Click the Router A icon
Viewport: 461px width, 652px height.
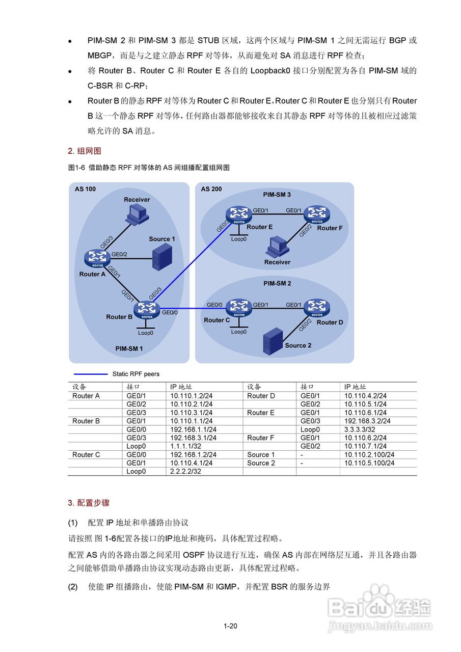[95, 258]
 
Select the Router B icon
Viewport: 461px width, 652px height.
[147, 309]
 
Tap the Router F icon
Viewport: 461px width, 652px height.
[317, 214]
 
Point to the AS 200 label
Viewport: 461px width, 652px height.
[212, 189]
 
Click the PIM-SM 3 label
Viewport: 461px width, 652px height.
[277, 194]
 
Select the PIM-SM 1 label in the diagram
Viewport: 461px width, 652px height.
[129, 349]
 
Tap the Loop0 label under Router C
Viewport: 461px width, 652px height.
[238, 332]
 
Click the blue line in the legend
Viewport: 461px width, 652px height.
[91, 374]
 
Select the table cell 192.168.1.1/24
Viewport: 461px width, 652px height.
[193, 429]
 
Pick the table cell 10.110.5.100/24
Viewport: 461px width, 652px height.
[369, 463]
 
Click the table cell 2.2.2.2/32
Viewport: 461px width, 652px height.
[185, 472]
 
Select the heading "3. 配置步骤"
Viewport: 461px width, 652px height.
[89, 503]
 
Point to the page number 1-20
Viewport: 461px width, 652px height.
[230, 626]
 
